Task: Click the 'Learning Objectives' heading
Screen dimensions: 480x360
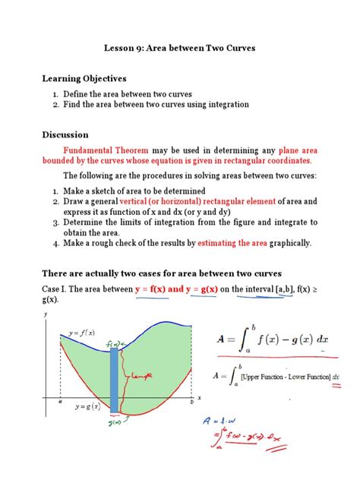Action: [x=84, y=78]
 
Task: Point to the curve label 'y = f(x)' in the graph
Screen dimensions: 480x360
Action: [x=81, y=333]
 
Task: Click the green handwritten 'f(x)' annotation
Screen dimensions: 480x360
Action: [x=114, y=343]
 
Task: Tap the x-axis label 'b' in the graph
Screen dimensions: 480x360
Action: [x=191, y=403]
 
